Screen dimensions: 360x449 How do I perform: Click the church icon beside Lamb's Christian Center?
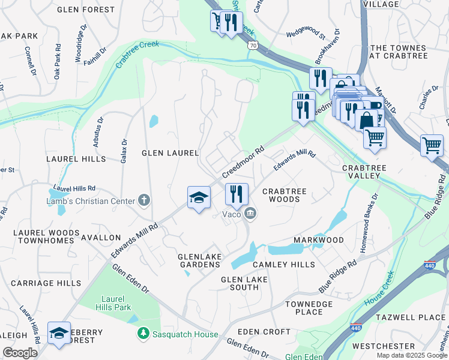(143, 200)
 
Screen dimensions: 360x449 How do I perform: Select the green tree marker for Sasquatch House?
(143, 332)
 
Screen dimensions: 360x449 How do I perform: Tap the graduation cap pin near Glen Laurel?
(199, 197)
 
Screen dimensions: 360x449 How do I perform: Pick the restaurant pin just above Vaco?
(237, 193)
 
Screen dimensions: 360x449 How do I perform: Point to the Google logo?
(20, 353)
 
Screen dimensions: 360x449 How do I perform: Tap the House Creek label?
(379, 289)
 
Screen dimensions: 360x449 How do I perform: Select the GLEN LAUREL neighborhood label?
(170, 153)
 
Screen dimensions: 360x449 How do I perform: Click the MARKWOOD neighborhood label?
(319, 240)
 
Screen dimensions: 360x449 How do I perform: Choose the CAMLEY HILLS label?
(283, 265)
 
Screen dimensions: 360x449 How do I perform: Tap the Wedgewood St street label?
(305, 35)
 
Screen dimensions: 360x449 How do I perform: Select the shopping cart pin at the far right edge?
(432, 145)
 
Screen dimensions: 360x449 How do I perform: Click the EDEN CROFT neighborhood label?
(264, 331)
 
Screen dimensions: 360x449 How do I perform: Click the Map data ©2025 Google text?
(411, 355)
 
